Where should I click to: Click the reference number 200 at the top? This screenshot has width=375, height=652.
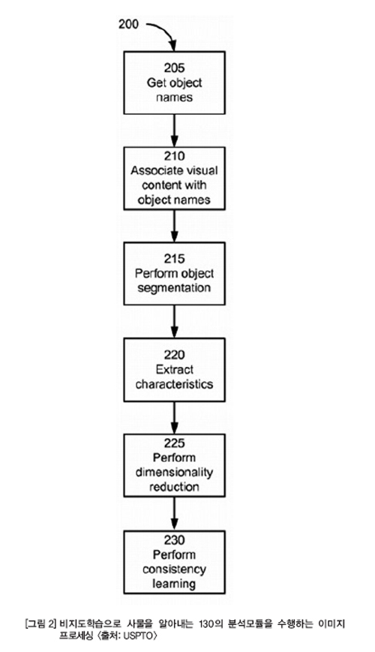128,25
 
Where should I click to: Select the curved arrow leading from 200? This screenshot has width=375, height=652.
166,29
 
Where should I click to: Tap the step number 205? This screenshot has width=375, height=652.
174,68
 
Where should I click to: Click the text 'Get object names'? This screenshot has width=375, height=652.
174,90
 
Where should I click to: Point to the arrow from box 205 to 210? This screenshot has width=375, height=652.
174,130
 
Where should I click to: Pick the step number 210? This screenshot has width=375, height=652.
174,156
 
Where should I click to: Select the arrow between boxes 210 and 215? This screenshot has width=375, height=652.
174,226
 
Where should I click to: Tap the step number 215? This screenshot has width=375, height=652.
174,259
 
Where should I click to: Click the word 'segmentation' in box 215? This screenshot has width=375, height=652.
174,288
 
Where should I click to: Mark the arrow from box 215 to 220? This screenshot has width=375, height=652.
174,321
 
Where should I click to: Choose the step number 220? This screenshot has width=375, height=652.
174,355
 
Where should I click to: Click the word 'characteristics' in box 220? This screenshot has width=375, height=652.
174,384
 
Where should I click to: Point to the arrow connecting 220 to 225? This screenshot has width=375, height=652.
174,417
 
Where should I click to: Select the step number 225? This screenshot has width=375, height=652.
174,443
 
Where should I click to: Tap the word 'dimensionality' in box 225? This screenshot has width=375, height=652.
174,473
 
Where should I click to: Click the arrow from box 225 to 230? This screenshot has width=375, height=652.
174,513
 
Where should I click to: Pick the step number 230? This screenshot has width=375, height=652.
174,540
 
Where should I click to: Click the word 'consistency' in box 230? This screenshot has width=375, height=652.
174,569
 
